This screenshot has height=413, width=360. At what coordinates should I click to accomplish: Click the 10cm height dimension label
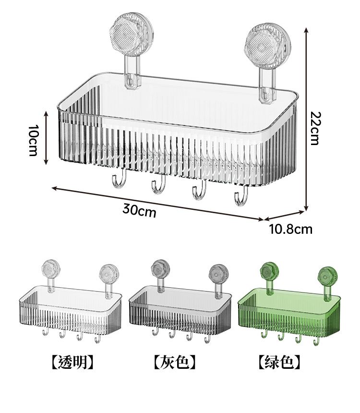pyautogui.click(x=33, y=140)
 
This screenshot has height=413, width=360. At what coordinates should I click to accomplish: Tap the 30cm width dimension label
pyautogui.click(x=139, y=210)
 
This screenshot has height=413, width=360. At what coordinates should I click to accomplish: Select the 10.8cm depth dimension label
pyautogui.click(x=290, y=229)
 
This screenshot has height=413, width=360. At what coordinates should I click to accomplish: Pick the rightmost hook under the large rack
pyautogui.click(x=241, y=197)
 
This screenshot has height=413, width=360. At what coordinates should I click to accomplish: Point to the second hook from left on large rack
pyautogui.click(x=159, y=185)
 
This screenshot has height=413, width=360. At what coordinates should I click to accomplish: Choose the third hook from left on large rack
pyautogui.click(x=199, y=192)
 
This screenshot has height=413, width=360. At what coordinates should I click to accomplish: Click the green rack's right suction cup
pyautogui.click(x=327, y=276)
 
